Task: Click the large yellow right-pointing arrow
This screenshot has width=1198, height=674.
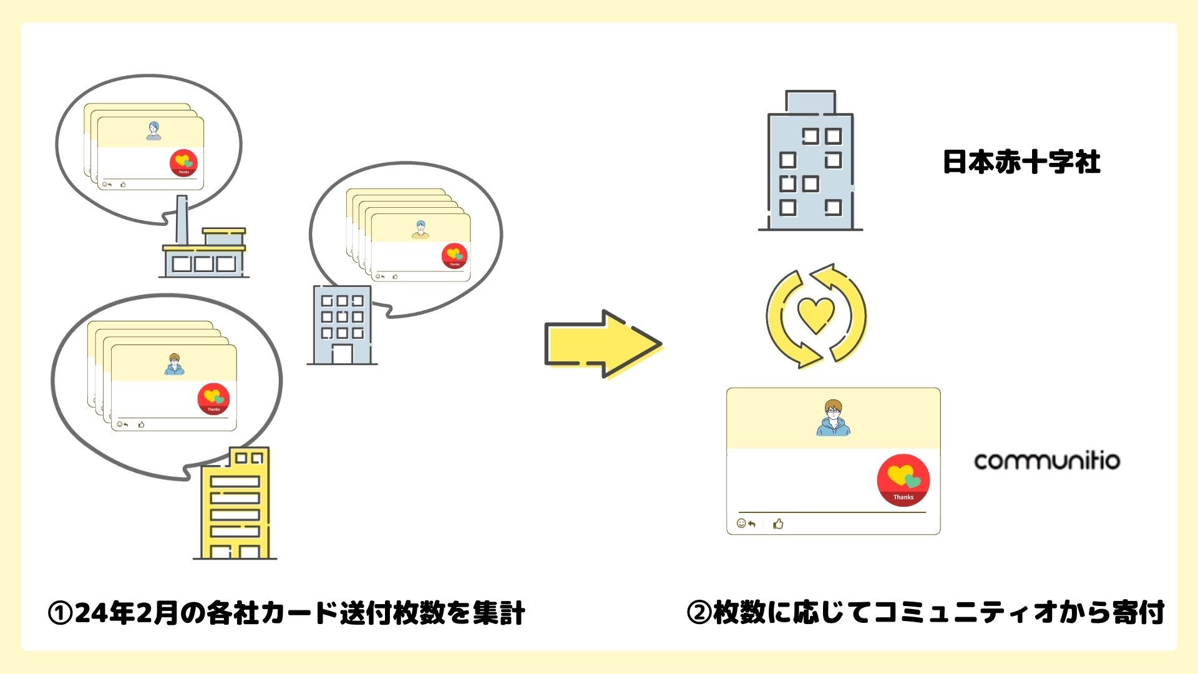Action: coord(602,343)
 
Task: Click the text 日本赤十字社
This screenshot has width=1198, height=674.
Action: coord(1021,162)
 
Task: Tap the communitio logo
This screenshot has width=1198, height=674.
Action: coord(1047,461)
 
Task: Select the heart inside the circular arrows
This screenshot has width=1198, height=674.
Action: coord(816,315)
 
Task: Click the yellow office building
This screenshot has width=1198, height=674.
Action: coord(236,506)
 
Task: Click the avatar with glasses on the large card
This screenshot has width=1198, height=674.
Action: coord(832,418)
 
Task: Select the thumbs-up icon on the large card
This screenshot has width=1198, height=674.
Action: coord(778,524)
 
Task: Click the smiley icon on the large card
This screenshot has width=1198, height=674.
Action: coord(741,523)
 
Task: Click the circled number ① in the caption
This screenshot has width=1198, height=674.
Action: coord(61,613)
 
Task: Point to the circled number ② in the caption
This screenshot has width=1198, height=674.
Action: coord(699,613)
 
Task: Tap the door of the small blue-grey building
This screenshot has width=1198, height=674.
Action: coord(341,354)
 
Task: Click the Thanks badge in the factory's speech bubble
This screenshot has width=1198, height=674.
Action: coord(183,163)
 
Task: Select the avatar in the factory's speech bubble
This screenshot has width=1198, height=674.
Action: coord(153,130)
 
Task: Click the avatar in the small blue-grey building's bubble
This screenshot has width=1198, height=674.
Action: coord(421,229)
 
